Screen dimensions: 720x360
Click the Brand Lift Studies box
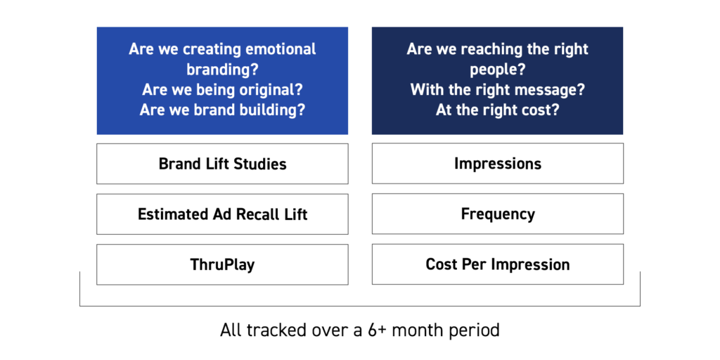coord(222,164)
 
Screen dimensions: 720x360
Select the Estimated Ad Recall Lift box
coord(222,214)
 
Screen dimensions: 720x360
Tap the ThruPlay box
coord(222,264)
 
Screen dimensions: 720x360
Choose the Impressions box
coord(498,163)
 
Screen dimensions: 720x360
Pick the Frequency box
coord(498,214)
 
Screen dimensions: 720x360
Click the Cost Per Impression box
coord(498,264)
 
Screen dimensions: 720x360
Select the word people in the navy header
coord(497,70)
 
